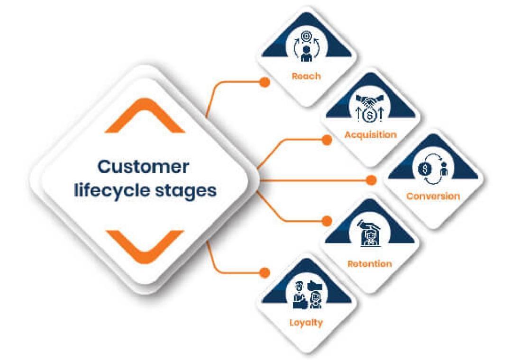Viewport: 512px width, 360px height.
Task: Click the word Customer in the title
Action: [143, 166]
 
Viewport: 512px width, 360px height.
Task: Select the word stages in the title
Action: [185, 191]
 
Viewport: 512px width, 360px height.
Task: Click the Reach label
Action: [306, 76]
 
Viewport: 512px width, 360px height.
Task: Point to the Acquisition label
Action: [371, 135]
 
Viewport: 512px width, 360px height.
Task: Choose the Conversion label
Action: [433, 196]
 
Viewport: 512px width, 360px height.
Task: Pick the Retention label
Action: [369, 264]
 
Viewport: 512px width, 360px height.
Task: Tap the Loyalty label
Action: [306, 323]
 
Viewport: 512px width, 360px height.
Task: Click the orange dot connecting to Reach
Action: [265, 82]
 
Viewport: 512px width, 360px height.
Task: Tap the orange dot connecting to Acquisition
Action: [327, 140]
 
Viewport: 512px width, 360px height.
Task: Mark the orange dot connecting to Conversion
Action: [371, 180]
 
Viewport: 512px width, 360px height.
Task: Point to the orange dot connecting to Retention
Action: [327, 221]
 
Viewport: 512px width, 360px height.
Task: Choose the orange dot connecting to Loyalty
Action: [265, 272]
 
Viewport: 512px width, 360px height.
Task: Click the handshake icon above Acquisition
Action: [370, 100]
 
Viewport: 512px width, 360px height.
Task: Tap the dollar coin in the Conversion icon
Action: [425, 169]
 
